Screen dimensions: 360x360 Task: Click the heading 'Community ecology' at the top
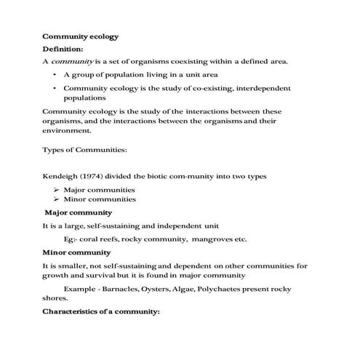click(81, 36)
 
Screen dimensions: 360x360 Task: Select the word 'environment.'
click(68, 132)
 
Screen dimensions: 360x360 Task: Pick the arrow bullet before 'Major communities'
click(56, 190)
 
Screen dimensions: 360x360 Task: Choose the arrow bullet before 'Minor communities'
click(56, 199)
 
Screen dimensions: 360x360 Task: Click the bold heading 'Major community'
click(79, 212)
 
